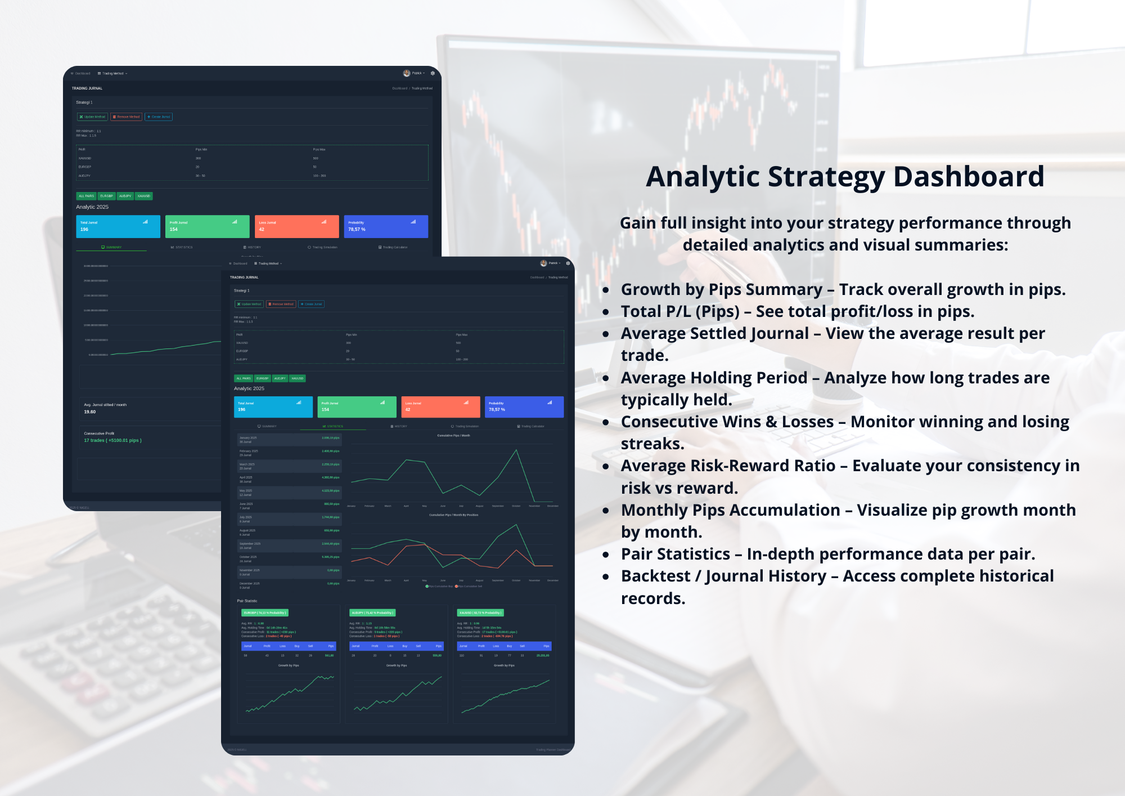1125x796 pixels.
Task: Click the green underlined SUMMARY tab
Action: (x=111, y=247)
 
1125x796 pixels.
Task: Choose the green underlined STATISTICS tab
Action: (x=333, y=426)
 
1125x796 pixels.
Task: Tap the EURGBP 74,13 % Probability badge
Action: (x=265, y=612)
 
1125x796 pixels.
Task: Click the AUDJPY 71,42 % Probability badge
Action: (x=372, y=612)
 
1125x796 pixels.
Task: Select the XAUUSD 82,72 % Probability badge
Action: (x=480, y=612)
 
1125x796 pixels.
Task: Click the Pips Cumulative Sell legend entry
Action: (x=469, y=586)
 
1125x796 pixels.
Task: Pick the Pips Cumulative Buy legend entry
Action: (x=440, y=586)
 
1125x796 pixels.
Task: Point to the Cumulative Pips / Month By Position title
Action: (x=453, y=515)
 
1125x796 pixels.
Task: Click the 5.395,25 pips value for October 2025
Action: (x=331, y=557)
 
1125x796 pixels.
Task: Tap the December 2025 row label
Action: (x=250, y=583)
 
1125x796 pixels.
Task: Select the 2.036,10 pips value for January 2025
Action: (x=331, y=437)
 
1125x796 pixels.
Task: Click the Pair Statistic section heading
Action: (x=247, y=601)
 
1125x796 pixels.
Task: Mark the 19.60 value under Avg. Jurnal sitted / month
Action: (x=90, y=412)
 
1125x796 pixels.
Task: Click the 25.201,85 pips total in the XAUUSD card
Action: (x=543, y=655)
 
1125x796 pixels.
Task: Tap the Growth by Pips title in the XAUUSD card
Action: (x=504, y=665)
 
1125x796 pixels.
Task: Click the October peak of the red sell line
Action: (x=516, y=549)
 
